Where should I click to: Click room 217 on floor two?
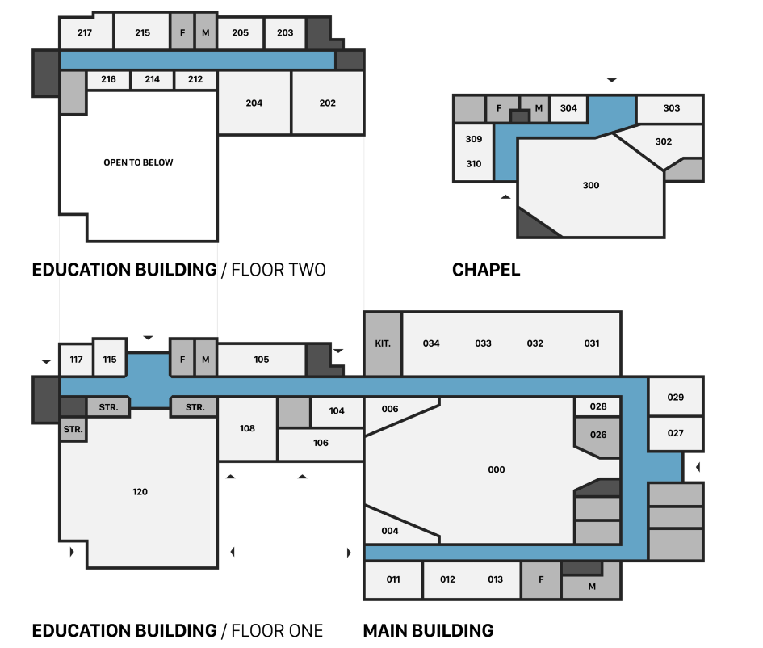pyautogui.click(x=85, y=33)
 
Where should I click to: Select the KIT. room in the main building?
pyautogui.click(x=383, y=343)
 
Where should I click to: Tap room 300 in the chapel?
pyautogui.click(x=590, y=186)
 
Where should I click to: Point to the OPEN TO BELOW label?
pyautogui.click(x=138, y=162)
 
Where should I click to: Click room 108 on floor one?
pyautogui.click(x=247, y=428)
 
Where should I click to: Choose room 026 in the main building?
pyautogui.click(x=598, y=435)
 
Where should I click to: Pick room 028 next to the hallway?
pyautogui.click(x=598, y=406)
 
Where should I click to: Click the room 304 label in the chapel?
pyautogui.click(x=568, y=108)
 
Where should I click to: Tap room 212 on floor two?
pyautogui.click(x=195, y=79)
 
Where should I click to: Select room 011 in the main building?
pyautogui.click(x=393, y=579)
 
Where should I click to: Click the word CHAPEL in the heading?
pyautogui.click(x=486, y=270)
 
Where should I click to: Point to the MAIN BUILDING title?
pyautogui.click(x=428, y=630)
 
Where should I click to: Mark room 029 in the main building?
pyautogui.click(x=676, y=397)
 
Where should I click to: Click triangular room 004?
pyautogui.click(x=390, y=531)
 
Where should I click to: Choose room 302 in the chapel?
pyautogui.click(x=663, y=141)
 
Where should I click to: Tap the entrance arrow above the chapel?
pyautogui.click(x=612, y=80)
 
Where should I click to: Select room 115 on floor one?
pyautogui.click(x=110, y=360)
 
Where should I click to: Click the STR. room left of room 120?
pyautogui.click(x=73, y=429)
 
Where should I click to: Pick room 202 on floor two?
pyautogui.click(x=327, y=103)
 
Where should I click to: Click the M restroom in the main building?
pyautogui.click(x=592, y=587)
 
